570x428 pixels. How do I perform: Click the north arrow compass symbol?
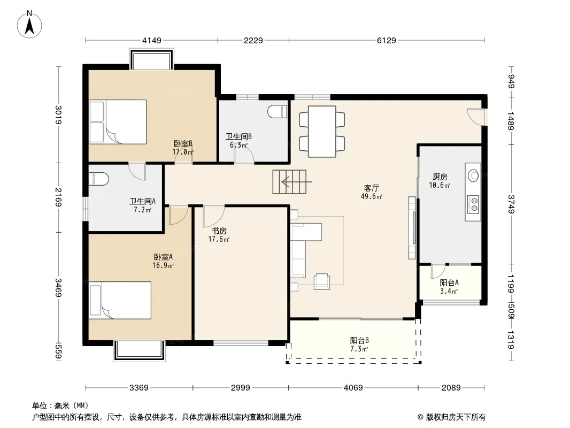pos(29,25)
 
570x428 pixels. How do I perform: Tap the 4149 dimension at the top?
pos(151,40)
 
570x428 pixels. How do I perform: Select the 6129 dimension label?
pos(386,40)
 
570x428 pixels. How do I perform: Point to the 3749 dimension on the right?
pos(511,204)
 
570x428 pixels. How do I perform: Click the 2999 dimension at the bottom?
pos(240,388)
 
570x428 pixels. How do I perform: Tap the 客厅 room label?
pos(371,188)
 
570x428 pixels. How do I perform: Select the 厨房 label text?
pos(440,177)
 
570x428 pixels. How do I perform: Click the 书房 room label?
pos(219,231)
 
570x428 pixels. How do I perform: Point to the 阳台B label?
pos(359,340)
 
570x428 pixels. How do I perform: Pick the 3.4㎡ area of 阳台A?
pos(449,291)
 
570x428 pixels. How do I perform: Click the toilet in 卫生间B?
pos(278,112)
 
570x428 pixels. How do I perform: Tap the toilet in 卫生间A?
pos(98,179)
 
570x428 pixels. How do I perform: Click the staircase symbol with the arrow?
pos(289,181)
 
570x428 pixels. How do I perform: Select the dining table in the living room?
pos(322,131)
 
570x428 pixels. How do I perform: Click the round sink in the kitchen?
pos(473,175)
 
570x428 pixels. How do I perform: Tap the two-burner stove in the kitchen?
pos(473,204)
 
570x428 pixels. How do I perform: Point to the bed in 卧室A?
pos(120,300)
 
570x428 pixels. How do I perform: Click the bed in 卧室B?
pos(118,122)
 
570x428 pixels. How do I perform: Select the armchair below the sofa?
pos(322,281)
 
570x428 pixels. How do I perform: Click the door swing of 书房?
pos(213,216)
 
